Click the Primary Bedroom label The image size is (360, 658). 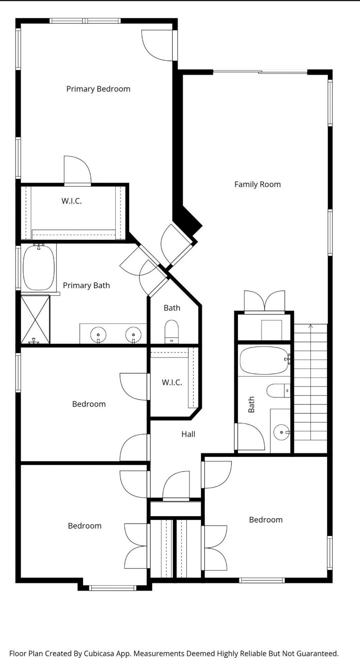tap(98, 89)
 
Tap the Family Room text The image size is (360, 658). tap(257, 184)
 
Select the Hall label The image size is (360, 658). tap(188, 434)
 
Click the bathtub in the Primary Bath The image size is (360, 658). tap(39, 267)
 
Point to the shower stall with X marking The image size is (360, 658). tap(35, 319)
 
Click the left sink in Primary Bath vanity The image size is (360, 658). tap(98, 334)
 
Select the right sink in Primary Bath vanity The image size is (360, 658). tap(133, 334)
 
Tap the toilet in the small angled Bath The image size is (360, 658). tap(172, 331)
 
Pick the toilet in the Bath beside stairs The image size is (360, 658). tap(278, 391)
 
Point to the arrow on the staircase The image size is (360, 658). tap(310, 326)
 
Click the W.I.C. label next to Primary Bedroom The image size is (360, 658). tap(71, 201)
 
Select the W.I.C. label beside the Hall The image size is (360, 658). tap(172, 383)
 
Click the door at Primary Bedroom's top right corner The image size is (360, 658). tap(156, 44)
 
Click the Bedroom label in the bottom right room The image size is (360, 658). tap(265, 520)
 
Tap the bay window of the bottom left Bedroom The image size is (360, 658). tap(112, 587)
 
